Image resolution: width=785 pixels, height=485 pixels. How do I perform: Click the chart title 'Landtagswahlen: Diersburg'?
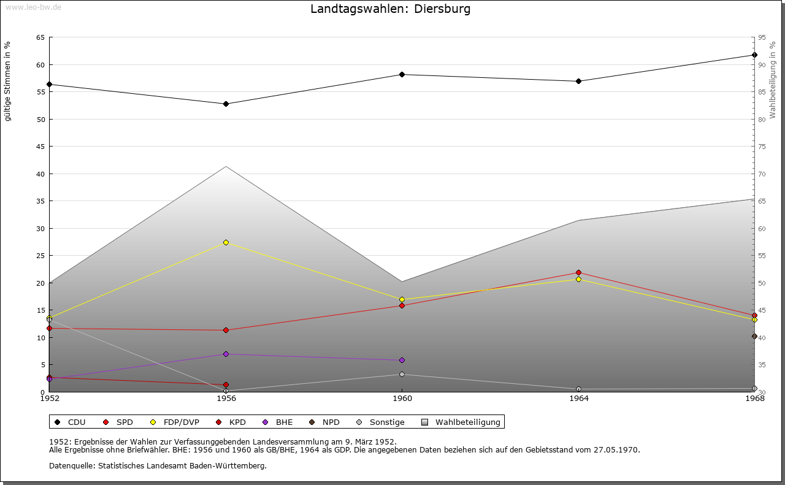[x=391, y=9]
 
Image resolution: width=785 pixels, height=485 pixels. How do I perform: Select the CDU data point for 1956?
[x=226, y=104]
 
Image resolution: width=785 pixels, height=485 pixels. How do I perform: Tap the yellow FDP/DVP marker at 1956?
[x=226, y=243]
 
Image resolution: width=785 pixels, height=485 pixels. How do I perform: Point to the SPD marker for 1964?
[x=578, y=273]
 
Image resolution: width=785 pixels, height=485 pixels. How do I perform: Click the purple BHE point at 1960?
[x=402, y=360]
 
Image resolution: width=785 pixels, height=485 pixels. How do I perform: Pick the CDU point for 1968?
[x=754, y=55]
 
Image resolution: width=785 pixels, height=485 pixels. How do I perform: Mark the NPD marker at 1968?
[x=754, y=336]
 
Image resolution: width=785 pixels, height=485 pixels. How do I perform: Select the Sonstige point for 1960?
[x=402, y=374]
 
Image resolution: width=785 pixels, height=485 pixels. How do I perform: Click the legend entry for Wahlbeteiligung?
[x=467, y=422]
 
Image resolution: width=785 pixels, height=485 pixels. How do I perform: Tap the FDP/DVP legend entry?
[x=181, y=422]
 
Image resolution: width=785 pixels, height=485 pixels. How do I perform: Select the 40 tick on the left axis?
[x=40, y=174]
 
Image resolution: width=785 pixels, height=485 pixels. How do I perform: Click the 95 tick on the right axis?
[x=762, y=37]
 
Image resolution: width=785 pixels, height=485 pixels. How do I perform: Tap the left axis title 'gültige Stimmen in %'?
[x=8, y=81]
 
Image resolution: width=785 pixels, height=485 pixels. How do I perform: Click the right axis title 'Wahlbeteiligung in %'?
[x=772, y=80]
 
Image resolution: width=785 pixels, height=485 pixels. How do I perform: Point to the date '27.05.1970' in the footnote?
[x=616, y=449]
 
